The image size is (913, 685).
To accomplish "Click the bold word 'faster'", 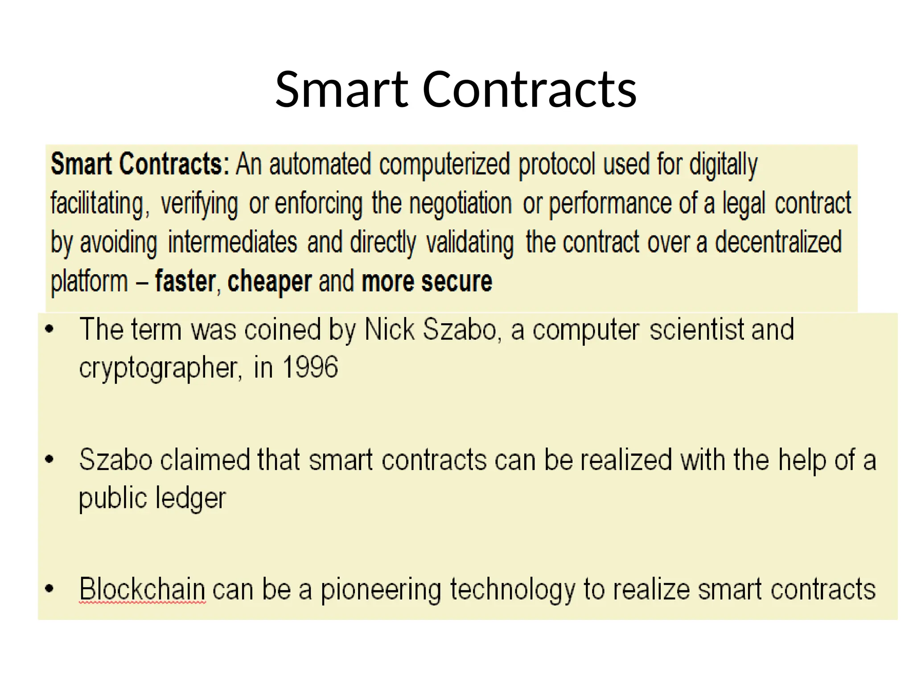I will pyautogui.click(x=185, y=281).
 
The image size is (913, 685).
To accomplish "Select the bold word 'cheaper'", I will pyautogui.click(x=269, y=281).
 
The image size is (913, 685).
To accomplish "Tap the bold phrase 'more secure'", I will pyautogui.click(x=427, y=281).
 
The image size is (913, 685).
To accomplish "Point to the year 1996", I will pyautogui.click(x=310, y=367).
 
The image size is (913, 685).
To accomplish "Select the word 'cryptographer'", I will pyautogui.click(x=159, y=368).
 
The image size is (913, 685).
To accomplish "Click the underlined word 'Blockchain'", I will pyautogui.click(x=142, y=589).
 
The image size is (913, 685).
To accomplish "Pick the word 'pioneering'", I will pyautogui.click(x=381, y=590).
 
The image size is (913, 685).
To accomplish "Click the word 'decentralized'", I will pyautogui.click(x=778, y=242).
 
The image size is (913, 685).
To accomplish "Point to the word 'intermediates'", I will pyautogui.click(x=232, y=242).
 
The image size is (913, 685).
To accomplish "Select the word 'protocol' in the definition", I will pyautogui.click(x=556, y=165).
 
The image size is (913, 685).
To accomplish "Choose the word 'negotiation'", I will pyautogui.click(x=460, y=203).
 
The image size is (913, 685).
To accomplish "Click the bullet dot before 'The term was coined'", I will pyautogui.click(x=49, y=330).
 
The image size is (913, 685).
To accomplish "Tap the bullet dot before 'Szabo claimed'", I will pyautogui.click(x=49, y=459).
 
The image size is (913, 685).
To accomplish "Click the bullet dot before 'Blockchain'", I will pyautogui.click(x=49, y=589).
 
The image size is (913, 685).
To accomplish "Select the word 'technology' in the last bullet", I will pyautogui.click(x=513, y=590).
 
